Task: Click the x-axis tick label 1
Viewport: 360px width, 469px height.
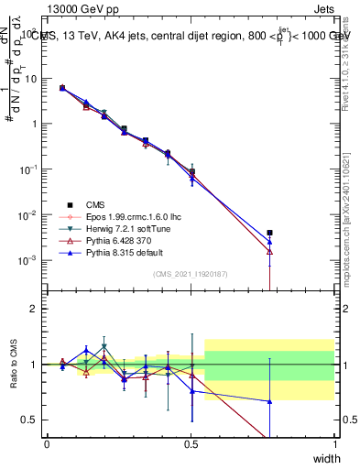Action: click(334, 443)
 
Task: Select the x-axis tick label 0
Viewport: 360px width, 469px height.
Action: click(47, 443)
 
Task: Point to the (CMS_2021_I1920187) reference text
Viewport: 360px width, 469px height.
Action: click(191, 274)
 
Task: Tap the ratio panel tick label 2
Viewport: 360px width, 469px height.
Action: click(31, 309)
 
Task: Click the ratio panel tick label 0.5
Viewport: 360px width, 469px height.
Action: click(27, 420)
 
